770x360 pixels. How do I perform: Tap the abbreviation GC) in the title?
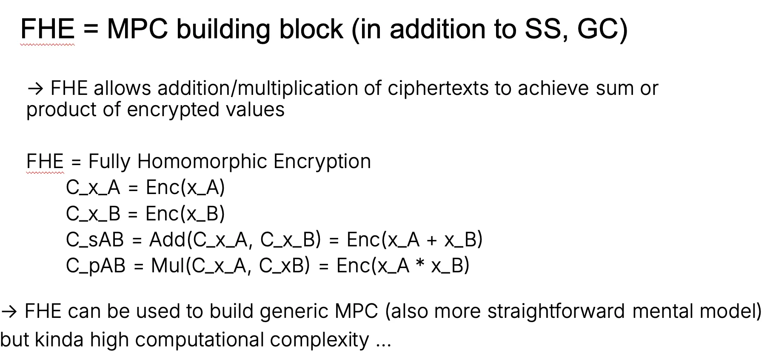pyautogui.click(x=602, y=30)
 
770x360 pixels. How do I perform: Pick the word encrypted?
pyautogui.click(x=173, y=110)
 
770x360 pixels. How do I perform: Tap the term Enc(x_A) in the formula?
pyautogui.click(x=185, y=188)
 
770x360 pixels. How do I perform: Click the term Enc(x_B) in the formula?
pyautogui.click(x=185, y=214)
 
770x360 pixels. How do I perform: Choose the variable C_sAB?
pyautogui.click(x=95, y=240)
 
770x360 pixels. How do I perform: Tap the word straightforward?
pyautogui.click(x=556, y=311)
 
